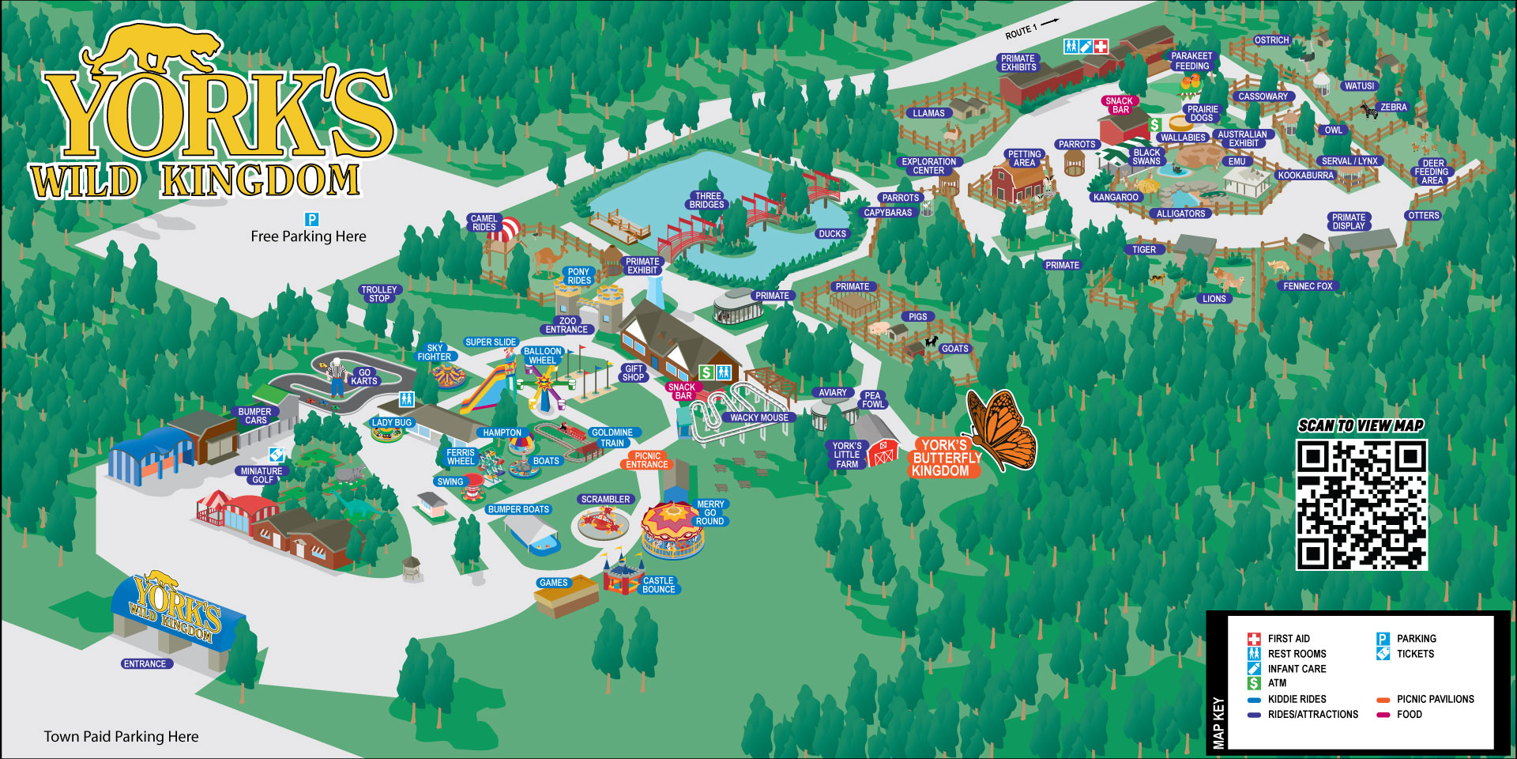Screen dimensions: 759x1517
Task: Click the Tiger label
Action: point(1144,250)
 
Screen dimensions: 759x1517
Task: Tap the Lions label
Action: point(1214,299)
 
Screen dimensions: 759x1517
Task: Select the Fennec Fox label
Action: point(1308,286)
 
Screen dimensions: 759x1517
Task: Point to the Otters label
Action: point(1423,216)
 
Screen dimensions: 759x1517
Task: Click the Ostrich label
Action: point(1271,40)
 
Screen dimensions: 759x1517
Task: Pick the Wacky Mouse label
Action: point(758,417)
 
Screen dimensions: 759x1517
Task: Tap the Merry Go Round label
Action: point(710,513)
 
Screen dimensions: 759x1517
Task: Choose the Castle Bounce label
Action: point(658,585)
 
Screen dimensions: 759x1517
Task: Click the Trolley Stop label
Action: point(378,294)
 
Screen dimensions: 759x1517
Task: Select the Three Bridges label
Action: point(707,200)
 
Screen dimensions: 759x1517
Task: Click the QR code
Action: point(1361,504)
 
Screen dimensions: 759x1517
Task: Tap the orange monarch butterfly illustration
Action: point(1001,431)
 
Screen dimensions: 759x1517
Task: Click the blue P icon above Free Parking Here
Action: point(312,219)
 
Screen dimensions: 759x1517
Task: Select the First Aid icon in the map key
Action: point(1254,639)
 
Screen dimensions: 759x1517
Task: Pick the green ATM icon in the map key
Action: point(1254,683)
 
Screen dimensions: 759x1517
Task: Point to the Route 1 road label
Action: point(1022,32)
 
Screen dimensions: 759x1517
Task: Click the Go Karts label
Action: point(364,376)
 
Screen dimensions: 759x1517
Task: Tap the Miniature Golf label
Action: point(262,475)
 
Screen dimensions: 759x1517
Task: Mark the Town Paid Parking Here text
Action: point(121,737)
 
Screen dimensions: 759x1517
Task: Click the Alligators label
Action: point(1180,213)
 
